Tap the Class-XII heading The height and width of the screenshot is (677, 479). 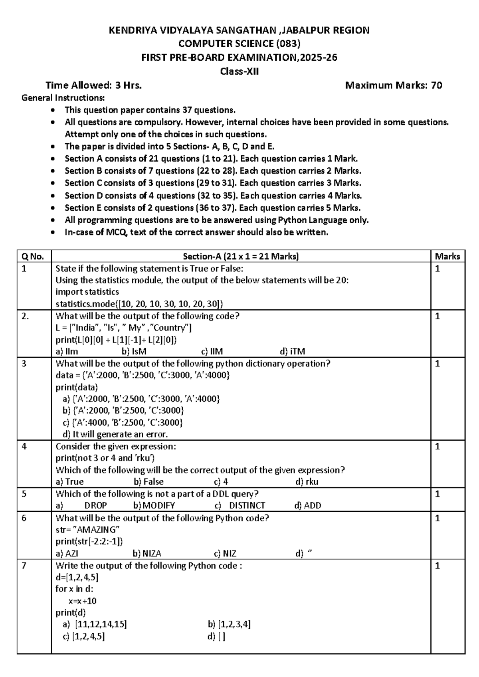[239, 72]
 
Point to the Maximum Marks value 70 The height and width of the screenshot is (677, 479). [436, 85]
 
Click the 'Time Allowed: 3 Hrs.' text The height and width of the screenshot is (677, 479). [93, 85]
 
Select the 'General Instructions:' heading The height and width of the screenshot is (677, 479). [63, 98]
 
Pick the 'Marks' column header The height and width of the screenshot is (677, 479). [447, 257]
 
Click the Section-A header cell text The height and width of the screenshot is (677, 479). [241, 257]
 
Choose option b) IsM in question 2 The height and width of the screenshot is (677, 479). [134, 352]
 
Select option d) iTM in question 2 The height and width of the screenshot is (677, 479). [293, 352]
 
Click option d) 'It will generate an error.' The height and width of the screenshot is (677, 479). [115, 434]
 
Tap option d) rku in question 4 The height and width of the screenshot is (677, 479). [307, 482]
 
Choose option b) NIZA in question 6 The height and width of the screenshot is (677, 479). [147, 554]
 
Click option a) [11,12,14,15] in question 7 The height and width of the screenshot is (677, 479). [95, 624]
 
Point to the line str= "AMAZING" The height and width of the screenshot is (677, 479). [87, 530]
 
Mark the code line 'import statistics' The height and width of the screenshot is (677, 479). [87, 292]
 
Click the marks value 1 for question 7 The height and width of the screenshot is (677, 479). [437, 566]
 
